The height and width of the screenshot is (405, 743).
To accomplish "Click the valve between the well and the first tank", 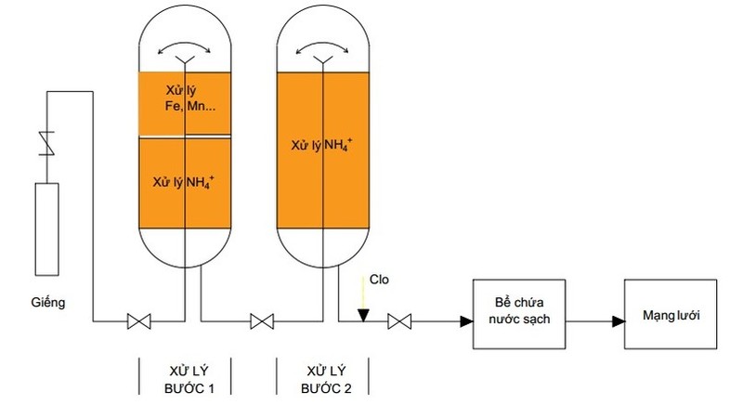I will point(138,322).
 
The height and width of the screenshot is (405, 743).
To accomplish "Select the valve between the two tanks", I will point(263,322).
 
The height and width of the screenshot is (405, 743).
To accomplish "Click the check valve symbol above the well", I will point(43,144).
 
